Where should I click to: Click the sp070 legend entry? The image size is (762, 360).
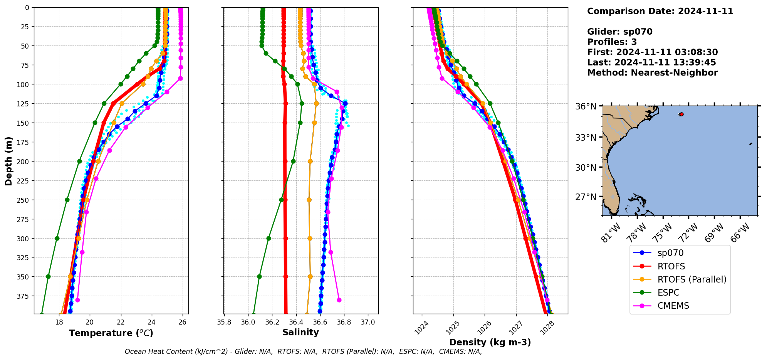click(670, 253)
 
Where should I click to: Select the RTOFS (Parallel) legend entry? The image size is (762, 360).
click(692, 279)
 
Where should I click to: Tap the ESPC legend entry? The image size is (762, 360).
click(668, 293)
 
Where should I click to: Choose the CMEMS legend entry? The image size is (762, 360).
click(673, 306)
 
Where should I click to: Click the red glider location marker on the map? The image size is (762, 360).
click(681, 114)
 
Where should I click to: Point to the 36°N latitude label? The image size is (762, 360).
click(586, 107)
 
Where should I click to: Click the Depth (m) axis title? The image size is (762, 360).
click(8, 161)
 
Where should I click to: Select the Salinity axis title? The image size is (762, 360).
click(300, 333)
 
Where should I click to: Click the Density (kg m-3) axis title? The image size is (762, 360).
click(490, 342)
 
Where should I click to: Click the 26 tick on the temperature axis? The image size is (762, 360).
click(183, 322)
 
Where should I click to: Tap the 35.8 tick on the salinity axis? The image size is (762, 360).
click(224, 322)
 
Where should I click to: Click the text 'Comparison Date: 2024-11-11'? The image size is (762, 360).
click(660, 11)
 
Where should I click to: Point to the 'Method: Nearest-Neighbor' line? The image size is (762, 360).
click(652, 73)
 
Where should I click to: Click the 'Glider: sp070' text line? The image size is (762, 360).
click(619, 32)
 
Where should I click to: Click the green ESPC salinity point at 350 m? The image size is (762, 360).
click(259, 276)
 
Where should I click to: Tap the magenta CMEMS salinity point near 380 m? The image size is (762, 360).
click(339, 300)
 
